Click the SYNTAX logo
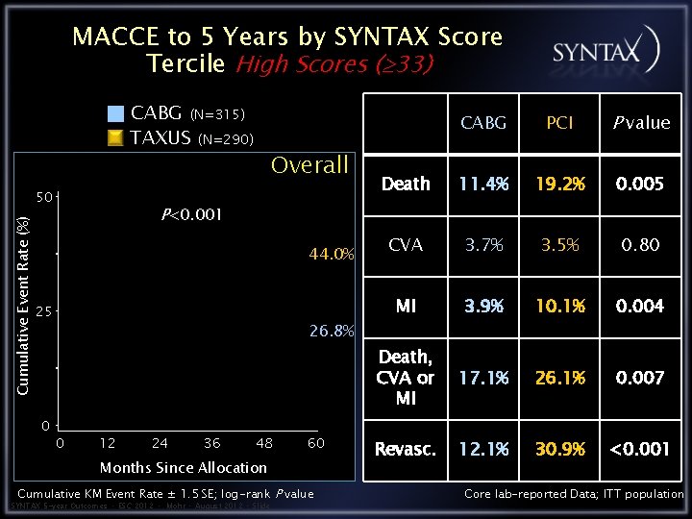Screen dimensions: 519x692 point(605,51)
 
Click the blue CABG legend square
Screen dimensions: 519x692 point(115,113)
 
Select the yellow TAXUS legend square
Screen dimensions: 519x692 point(115,137)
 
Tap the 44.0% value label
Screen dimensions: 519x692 point(332,255)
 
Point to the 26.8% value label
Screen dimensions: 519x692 point(332,332)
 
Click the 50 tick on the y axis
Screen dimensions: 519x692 point(44,197)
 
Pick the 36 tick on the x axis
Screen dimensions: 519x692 point(211,443)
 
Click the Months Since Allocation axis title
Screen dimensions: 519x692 point(184,467)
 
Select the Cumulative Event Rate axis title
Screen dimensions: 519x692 point(24,306)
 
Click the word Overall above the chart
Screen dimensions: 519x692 point(309,165)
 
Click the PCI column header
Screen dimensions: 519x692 point(559,122)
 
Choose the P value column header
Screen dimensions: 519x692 point(640,122)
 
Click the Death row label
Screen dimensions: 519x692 point(406,184)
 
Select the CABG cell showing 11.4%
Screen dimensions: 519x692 point(483,184)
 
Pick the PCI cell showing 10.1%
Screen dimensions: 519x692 point(559,306)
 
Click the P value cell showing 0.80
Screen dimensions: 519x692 point(640,244)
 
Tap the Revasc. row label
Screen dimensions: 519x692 point(406,449)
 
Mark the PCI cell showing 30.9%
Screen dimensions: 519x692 point(559,449)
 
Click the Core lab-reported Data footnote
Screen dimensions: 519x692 point(574,494)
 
